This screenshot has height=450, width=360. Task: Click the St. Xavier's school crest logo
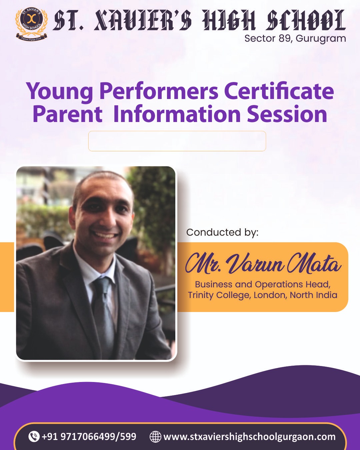click(x=31, y=24)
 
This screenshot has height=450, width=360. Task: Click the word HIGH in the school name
click(x=229, y=20)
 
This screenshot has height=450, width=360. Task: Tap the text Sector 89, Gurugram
click(x=295, y=38)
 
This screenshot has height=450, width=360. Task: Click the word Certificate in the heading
click(x=279, y=91)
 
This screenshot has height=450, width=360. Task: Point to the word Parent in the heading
click(x=68, y=114)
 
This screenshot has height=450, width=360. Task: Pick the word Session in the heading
click(x=287, y=114)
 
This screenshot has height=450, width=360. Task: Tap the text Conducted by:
click(x=222, y=232)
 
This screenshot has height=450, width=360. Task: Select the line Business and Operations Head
click(x=263, y=284)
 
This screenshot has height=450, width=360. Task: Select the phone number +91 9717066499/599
click(x=89, y=436)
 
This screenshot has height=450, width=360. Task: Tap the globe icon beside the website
click(x=155, y=437)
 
